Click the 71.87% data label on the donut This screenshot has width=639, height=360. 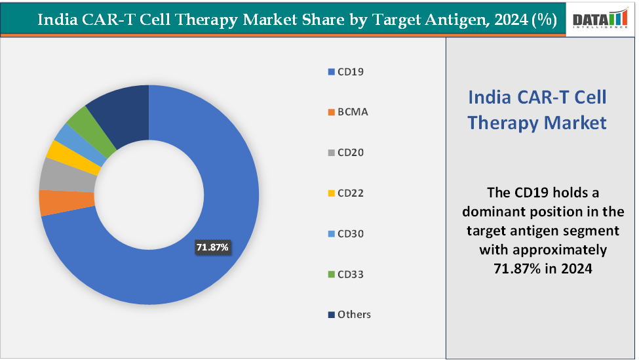212,247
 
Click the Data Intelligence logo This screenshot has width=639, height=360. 600,19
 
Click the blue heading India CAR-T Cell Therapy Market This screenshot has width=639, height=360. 537,110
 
